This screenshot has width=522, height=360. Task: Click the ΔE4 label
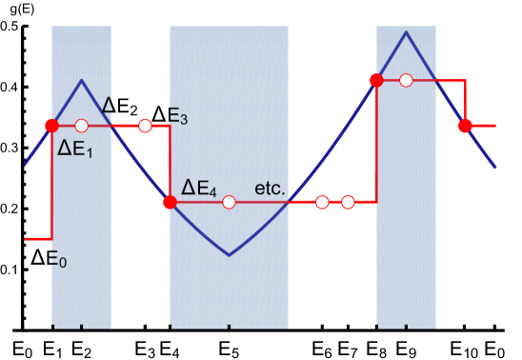click(x=200, y=188)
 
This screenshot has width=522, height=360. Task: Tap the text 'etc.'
click(x=270, y=189)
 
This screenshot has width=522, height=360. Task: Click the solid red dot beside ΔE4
click(x=170, y=202)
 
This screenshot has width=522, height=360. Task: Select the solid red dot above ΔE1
click(x=51, y=126)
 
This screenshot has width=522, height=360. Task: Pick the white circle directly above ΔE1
click(x=81, y=126)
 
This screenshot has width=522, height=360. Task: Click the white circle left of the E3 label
click(x=145, y=126)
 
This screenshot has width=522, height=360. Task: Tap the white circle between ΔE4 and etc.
click(x=229, y=202)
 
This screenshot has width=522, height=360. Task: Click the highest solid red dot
click(x=376, y=80)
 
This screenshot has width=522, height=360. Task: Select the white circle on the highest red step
click(x=407, y=80)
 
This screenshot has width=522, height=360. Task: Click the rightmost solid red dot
click(x=465, y=126)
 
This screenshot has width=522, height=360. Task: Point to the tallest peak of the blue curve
click(x=407, y=32)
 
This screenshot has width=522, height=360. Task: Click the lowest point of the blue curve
click(x=229, y=254)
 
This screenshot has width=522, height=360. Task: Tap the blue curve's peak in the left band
click(x=82, y=80)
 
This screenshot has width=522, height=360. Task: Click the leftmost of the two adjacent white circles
click(x=322, y=202)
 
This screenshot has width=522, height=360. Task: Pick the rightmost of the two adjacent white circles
click(x=348, y=202)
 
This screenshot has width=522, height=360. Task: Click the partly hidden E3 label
click(x=178, y=118)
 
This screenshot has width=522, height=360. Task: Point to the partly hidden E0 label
click(x=57, y=258)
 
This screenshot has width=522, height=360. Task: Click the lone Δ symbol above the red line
click(x=108, y=105)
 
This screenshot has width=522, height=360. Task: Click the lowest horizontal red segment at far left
click(x=37, y=238)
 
